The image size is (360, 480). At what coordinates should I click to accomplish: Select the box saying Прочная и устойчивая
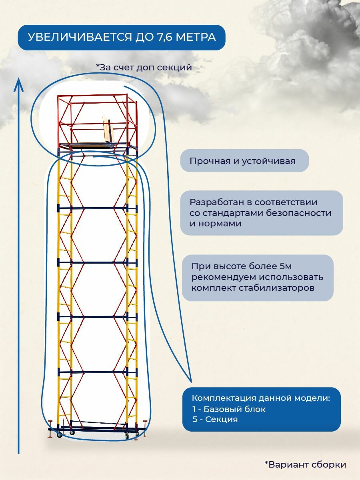tap(244, 161)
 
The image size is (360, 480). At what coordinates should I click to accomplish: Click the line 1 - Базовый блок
tap(229, 409)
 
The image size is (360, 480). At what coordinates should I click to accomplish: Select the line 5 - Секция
tap(215, 419)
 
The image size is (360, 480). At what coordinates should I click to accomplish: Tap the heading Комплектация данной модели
tap(261, 398)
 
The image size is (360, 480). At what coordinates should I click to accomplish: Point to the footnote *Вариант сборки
tap(305, 464)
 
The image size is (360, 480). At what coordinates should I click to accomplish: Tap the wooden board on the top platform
tap(107, 130)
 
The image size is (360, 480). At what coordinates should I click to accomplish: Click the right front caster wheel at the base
tap(127, 436)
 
